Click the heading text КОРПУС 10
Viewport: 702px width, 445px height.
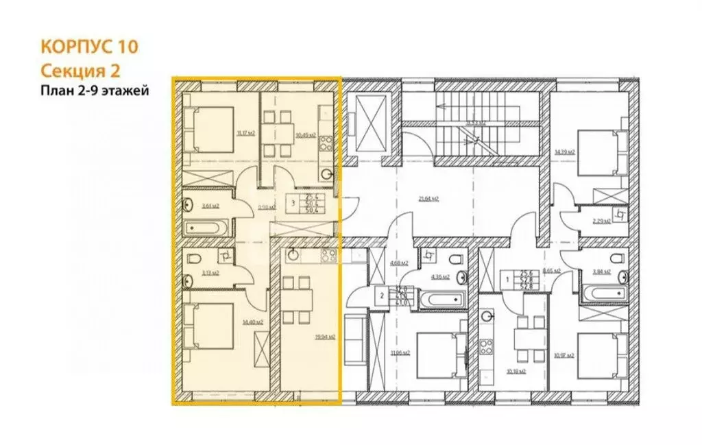point(90,47)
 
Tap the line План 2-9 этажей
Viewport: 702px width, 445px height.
point(93,90)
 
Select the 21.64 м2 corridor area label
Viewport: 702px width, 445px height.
point(428,200)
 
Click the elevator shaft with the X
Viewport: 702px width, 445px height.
point(367,124)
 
